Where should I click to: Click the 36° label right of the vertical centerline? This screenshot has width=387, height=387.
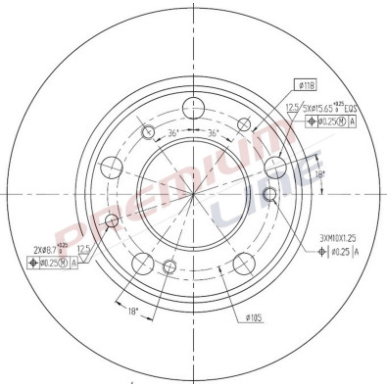click(x=213, y=135)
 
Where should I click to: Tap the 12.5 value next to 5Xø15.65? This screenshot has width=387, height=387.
click(x=291, y=108)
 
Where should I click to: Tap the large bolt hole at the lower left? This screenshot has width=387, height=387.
click(x=141, y=262)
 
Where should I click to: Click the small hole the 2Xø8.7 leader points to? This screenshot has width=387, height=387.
click(x=169, y=266)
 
